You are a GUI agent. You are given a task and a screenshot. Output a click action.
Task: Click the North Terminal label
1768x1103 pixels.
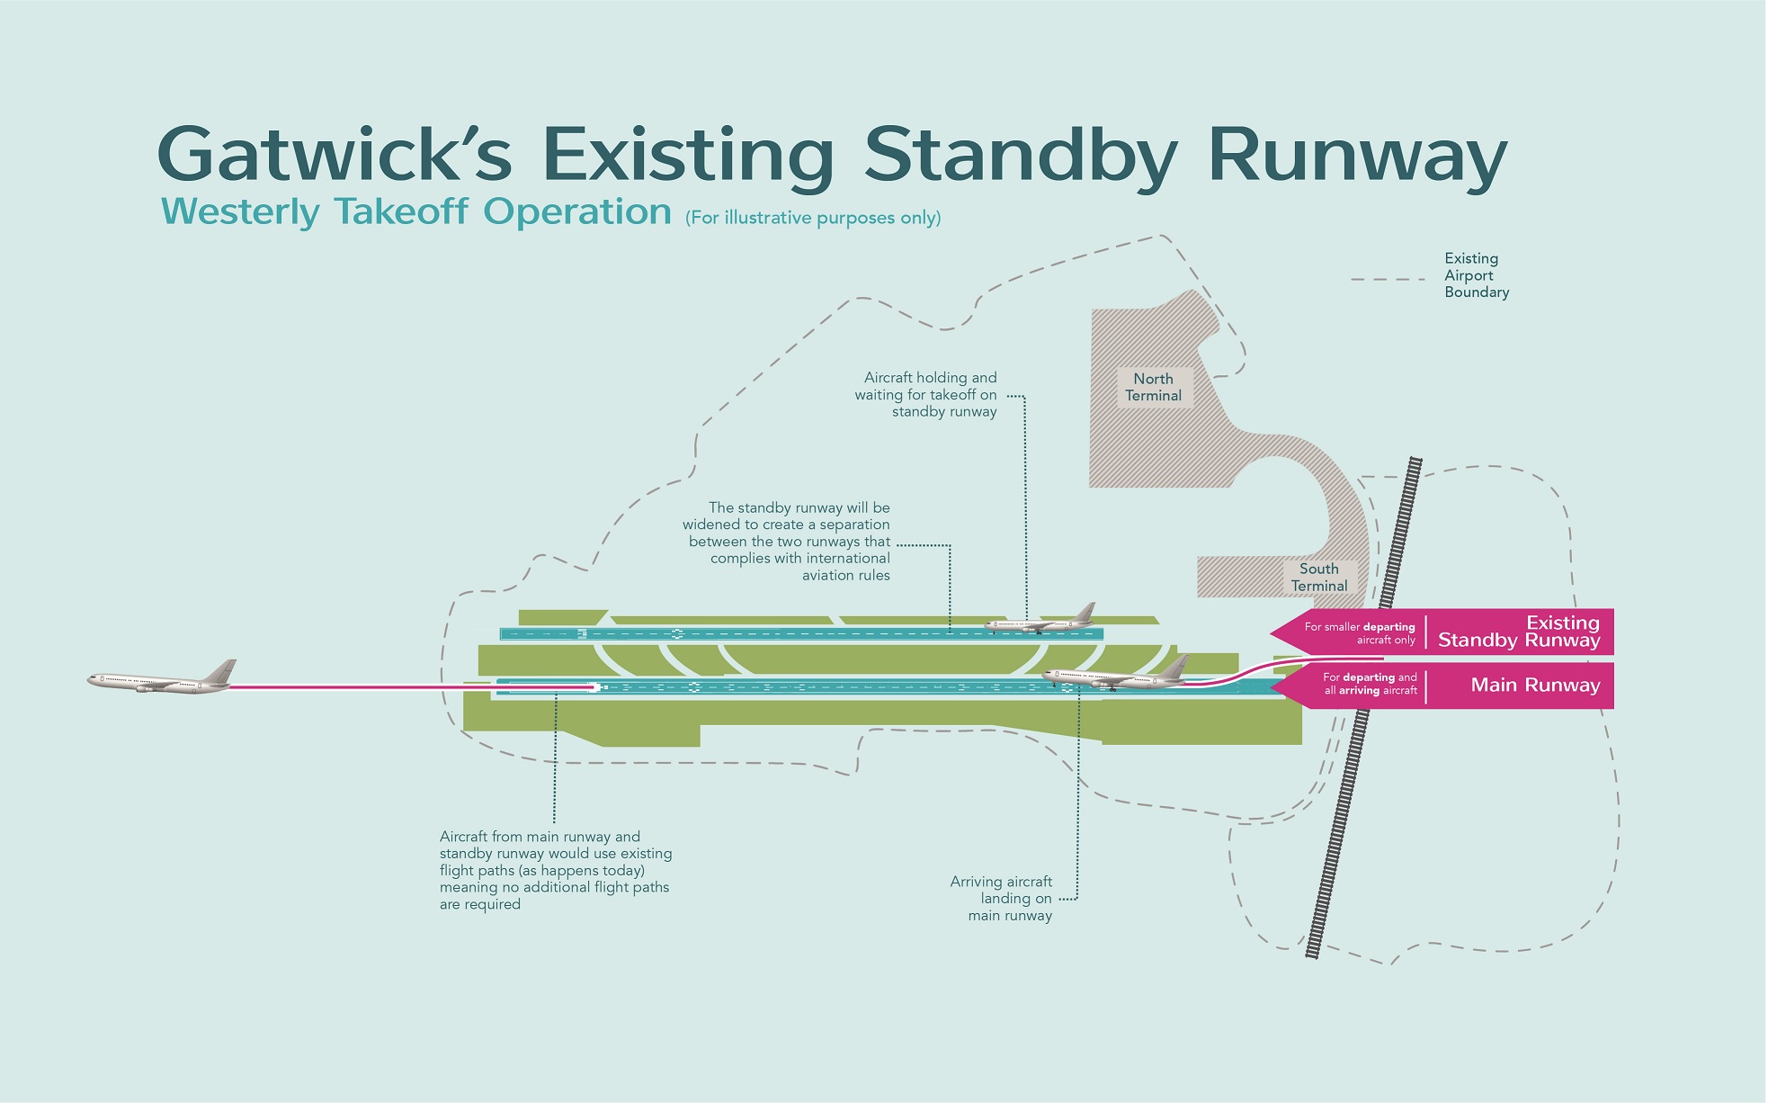click(1153, 388)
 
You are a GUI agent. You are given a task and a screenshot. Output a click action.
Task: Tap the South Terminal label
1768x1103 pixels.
click(1318, 578)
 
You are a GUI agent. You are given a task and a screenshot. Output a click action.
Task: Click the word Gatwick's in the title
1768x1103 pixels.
click(335, 155)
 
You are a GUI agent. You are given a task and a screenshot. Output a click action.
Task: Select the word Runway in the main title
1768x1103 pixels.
click(1357, 155)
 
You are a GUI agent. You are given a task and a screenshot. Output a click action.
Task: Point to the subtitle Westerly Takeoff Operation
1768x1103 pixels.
click(416, 212)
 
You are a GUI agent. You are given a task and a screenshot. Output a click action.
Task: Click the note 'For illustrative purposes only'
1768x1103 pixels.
click(813, 218)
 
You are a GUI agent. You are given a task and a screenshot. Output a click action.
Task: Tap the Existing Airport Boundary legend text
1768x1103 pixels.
click(1476, 275)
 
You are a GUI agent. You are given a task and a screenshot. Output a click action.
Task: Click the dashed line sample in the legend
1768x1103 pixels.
click(1387, 280)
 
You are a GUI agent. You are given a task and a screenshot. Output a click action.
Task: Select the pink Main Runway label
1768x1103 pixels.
click(1535, 686)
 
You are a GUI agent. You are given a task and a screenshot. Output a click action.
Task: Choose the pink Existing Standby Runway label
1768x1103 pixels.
click(1519, 632)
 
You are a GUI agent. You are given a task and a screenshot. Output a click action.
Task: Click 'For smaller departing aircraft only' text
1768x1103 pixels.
click(1360, 633)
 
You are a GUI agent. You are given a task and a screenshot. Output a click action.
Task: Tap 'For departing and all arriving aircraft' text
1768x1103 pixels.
click(1370, 684)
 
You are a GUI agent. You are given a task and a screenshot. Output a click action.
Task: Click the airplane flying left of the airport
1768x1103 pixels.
click(162, 679)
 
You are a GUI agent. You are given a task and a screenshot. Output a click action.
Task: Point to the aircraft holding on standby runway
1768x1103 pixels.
click(1041, 620)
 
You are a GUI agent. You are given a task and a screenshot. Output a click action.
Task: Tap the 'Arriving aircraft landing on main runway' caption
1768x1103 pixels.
click(1002, 898)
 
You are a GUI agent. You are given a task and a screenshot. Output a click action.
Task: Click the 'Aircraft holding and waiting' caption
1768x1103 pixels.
click(927, 395)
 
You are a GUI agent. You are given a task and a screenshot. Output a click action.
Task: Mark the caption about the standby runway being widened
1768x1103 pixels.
click(788, 542)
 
